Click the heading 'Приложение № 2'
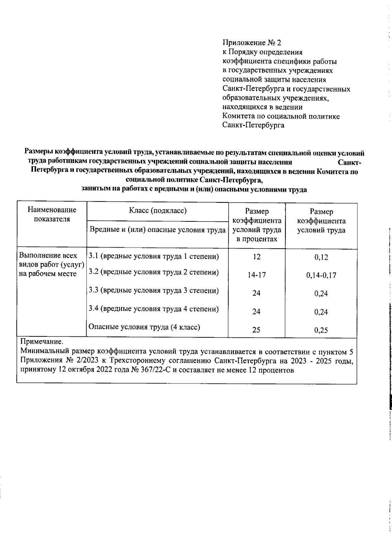click(x=252, y=43)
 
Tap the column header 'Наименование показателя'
click(x=52, y=214)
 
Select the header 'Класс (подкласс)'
click(x=158, y=210)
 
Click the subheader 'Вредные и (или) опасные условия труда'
click(x=158, y=230)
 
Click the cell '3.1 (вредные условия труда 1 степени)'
click(x=154, y=256)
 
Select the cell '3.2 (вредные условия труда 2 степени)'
click(x=154, y=272)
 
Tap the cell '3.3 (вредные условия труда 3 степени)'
click(x=154, y=290)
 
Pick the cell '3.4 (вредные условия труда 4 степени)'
click(x=154, y=309)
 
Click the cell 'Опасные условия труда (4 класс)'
click(x=144, y=327)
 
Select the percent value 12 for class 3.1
click(x=256, y=257)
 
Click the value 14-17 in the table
click(x=256, y=275)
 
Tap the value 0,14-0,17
click(x=321, y=275)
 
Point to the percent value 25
click(x=256, y=330)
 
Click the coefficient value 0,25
click(x=321, y=330)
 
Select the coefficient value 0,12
click(x=321, y=257)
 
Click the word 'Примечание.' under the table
click(x=41, y=342)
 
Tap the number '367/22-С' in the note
click(x=154, y=370)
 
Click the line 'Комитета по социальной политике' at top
click(x=281, y=116)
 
